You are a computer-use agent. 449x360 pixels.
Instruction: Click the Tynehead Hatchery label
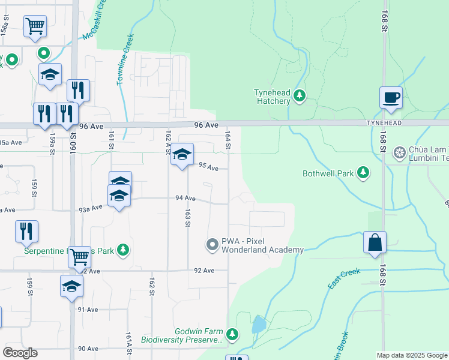point(272,97)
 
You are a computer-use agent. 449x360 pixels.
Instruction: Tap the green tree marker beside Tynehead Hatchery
point(300,96)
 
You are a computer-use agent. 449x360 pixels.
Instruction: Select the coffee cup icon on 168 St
point(391,97)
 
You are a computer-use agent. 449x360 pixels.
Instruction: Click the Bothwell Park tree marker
point(363,173)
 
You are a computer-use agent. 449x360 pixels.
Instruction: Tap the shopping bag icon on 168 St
point(375,242)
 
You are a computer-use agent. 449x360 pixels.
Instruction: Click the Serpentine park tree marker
point(122,249)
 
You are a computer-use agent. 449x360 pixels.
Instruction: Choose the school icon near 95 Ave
point(182,155)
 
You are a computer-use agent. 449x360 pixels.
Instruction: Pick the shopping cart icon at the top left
point(35,26)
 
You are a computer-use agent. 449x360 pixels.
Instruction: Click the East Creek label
point(344,280)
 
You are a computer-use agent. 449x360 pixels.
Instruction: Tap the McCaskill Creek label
point(95,22)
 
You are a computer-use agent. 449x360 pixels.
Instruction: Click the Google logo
point(20,353)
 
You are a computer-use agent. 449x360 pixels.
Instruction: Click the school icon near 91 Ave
point(71,286)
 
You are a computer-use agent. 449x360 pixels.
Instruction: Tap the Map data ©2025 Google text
point(411,355)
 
